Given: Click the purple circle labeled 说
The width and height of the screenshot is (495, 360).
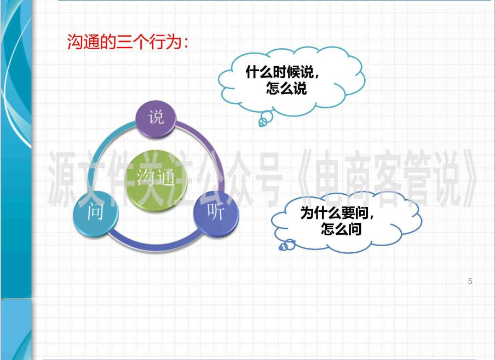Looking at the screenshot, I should pos(156,118).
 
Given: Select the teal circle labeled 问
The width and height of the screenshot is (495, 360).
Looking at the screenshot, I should pos(95,214).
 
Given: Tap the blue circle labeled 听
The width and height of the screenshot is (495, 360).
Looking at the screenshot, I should pos(216,213).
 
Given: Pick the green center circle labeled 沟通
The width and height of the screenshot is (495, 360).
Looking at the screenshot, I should pos(156,176).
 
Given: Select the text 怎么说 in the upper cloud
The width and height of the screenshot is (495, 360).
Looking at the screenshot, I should pos(286,88).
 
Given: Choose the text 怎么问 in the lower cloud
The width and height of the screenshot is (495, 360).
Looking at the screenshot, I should pos(341,229).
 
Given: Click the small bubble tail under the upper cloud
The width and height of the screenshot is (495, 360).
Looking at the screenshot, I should pos(264,119).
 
